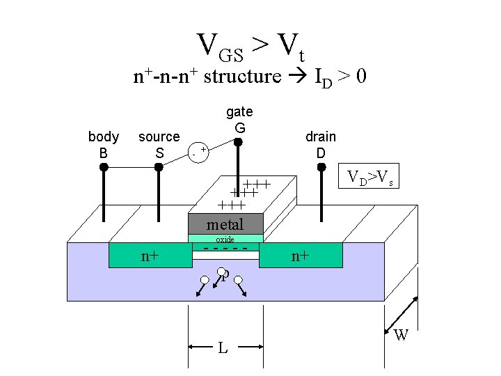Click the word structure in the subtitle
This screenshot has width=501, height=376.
coord(240,76)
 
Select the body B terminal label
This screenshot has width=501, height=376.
coord(103,144)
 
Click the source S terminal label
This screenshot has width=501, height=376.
coord(159,144)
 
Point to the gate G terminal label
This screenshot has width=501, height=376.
coord(239,120)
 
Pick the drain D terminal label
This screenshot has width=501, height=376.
coord(320,144)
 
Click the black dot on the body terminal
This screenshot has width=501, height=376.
coord(104,168)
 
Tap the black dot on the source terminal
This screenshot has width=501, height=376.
coord(159,168)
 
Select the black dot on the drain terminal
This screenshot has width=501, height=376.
coord(321,168)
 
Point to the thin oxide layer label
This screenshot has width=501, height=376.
coord(225,239)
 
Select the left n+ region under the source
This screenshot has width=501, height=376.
coord(150,256)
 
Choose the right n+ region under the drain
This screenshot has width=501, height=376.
coord(301,256)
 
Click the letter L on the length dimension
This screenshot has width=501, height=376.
coord(223,347)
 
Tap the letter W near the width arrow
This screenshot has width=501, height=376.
coord(401,336)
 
